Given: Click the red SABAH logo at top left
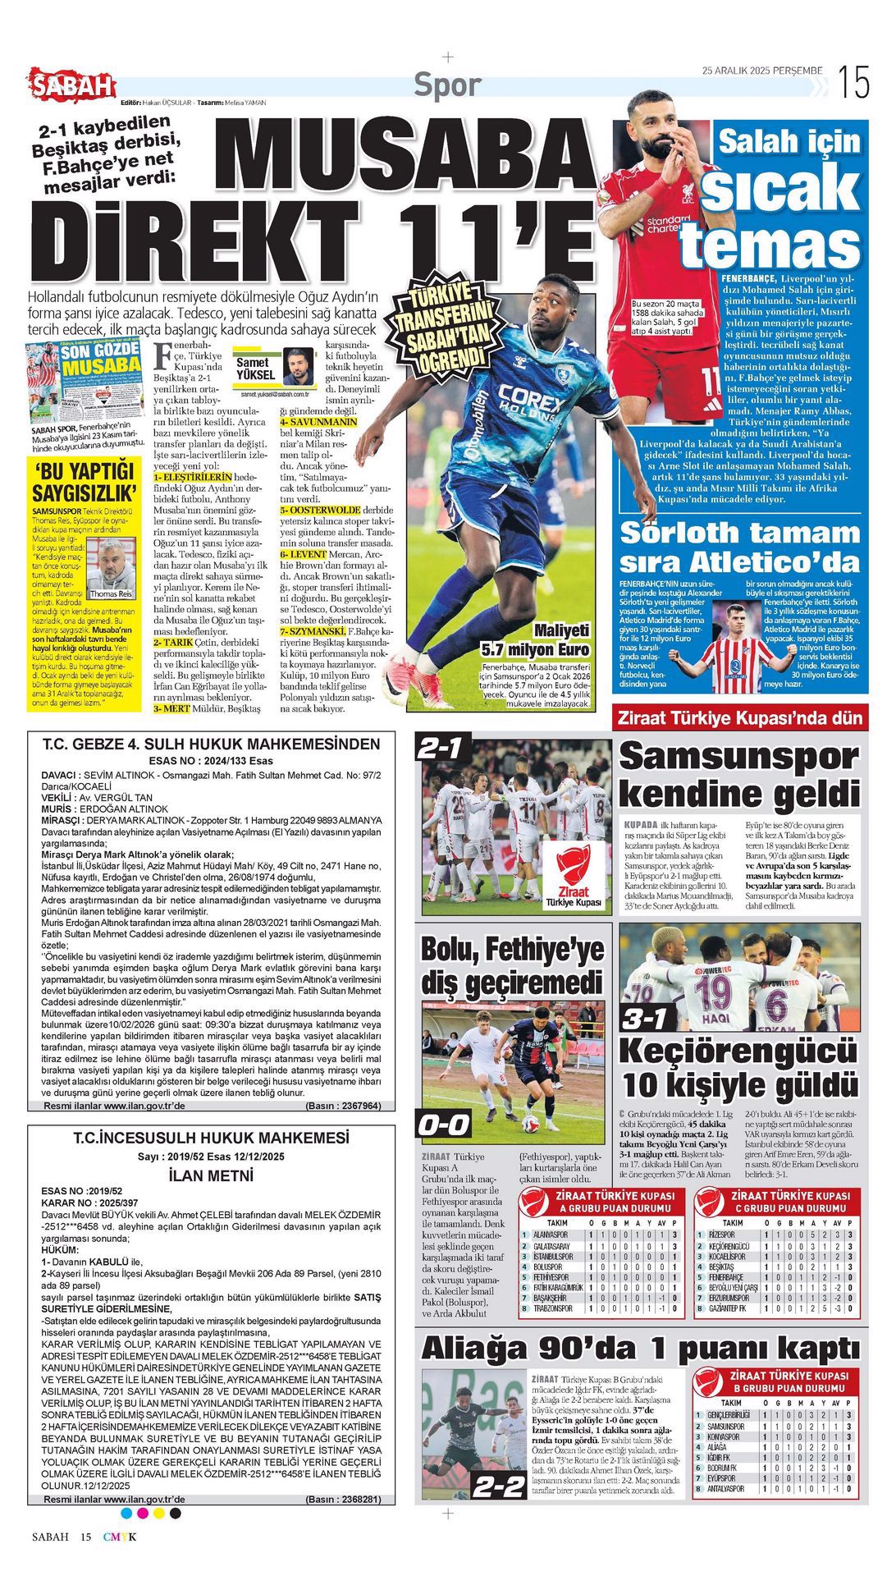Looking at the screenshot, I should pyautogui.click(x=72, y=84).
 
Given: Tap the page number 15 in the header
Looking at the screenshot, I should pyautogui.click(x=853, y=83).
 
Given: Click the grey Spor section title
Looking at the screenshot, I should pyautogui.click(x=446, y=85).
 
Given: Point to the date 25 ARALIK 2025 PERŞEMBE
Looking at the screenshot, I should pyautogui.click(x=761, y=71).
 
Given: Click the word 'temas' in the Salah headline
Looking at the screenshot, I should pyautogui.click(x=770, y=245).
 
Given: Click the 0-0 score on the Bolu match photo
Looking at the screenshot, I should pyautogui.click(x=444, y=1125).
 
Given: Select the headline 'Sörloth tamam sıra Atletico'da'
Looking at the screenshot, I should pyautogui.click(x=739, y=547).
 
